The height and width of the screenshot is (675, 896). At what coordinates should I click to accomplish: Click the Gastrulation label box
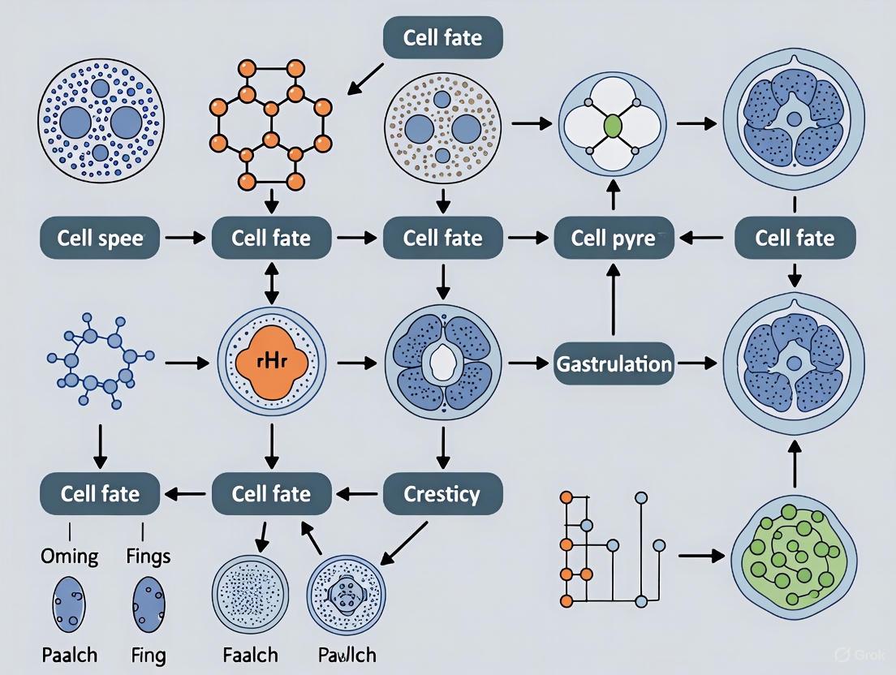pyautogui.click(x=614, y=363)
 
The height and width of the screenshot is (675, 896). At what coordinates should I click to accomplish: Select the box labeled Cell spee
pyautogui.click(x=100, y=239)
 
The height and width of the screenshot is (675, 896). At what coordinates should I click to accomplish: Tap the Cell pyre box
pyautogui.click(x=614, y=239)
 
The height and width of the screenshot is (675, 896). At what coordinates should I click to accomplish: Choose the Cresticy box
pyautogui.click(x=442, y=493)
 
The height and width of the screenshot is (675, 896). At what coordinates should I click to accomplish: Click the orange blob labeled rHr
pyautogui.click(x=272, y=363)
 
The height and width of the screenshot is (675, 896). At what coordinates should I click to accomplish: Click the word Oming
pyautogui.click(x=69, y=557)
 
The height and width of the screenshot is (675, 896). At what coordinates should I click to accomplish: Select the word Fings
pyautogui.click(x=149, y=557)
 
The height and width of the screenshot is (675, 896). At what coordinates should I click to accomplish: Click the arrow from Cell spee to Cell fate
pyautogui.click(x=185, y=239)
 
